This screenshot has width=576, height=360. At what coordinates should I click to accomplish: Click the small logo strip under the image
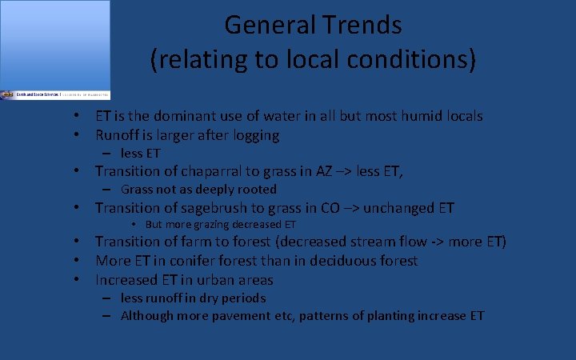coord(54,94)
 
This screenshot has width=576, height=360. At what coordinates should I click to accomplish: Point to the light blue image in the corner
coord(54,44)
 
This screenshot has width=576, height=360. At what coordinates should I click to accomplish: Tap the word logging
coord(254,136)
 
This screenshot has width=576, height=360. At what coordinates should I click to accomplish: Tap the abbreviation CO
coord(330,208)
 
